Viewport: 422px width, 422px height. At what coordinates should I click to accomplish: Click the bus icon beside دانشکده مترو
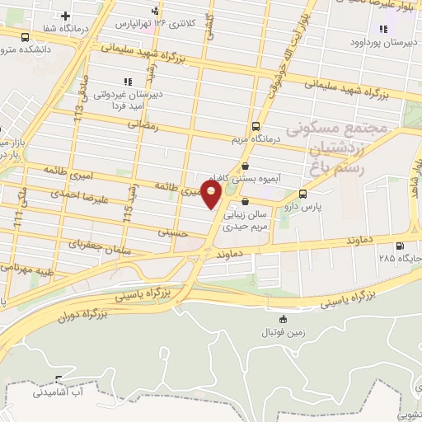[25, 37]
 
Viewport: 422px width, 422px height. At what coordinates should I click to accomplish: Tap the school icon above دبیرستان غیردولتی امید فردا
[127, 81]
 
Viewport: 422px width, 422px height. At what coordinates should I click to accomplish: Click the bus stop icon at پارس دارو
[303, 195]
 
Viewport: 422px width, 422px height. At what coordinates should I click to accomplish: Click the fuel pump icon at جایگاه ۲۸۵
[401, 245]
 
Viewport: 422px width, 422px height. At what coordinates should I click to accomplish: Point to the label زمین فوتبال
[283, 332]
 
